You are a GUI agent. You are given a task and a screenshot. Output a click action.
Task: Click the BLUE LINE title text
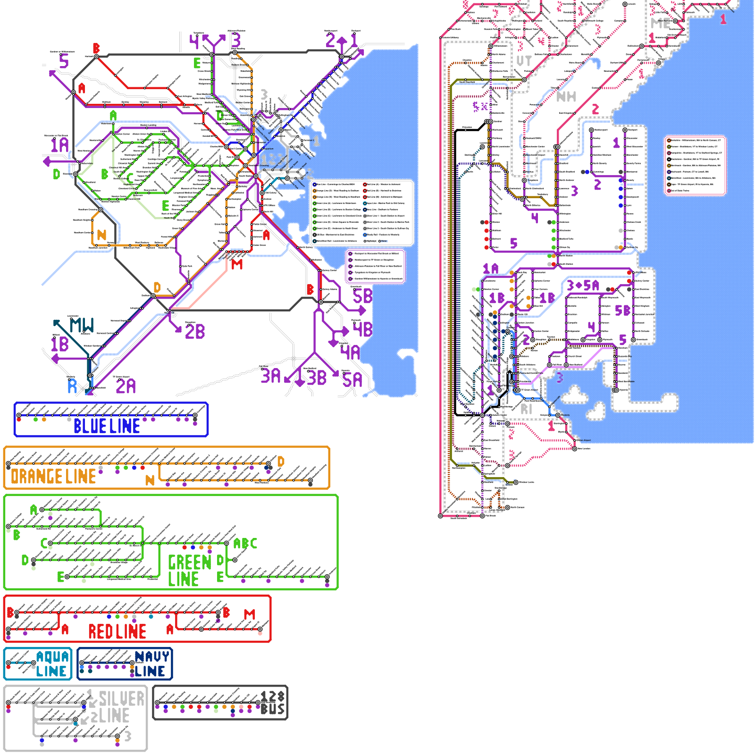point(107,426)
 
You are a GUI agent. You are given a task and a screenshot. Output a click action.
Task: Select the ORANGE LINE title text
point(53,477)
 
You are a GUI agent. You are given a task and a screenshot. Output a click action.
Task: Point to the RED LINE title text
point(117,631)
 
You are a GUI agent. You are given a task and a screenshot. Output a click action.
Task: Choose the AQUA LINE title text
point(52,664)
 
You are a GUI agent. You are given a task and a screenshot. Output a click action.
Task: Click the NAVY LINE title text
point(151,664)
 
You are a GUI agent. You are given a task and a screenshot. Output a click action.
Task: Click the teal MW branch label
point(82,325)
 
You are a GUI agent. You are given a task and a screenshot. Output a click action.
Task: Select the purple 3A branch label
point(271,376)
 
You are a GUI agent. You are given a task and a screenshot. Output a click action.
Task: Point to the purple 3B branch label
point(317,377)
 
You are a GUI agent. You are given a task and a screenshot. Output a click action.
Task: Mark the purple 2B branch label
point(195,332)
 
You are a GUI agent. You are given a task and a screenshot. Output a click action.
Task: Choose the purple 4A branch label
point(350,352)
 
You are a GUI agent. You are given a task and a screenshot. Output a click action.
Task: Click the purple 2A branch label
point(126,386)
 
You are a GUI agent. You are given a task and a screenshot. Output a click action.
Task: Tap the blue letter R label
point(72,386)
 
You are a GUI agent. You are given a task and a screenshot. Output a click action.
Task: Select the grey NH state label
point(566,97)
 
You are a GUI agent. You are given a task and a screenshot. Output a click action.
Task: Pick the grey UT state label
point(524,61)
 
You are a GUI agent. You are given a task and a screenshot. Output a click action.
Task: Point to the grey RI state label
point(527,409)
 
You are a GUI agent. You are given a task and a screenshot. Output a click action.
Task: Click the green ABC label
point(245,544)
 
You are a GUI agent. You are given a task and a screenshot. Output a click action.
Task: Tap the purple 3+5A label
point(583,285)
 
